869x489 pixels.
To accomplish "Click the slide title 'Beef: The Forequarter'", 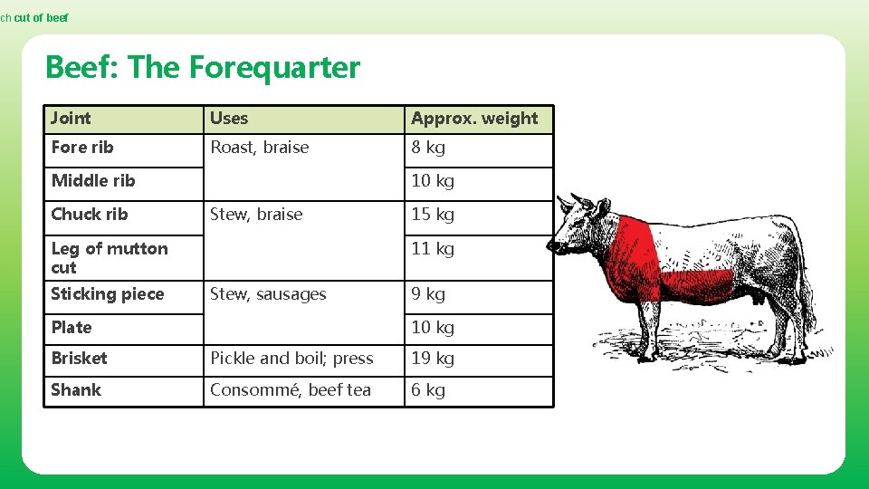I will [x=202, y=67].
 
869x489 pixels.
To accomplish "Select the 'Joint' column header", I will [x=71, y=118].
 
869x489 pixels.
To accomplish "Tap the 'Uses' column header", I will [x=229, y=118].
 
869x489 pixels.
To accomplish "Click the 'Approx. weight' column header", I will [x=474, y=118].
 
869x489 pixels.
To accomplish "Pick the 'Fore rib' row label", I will [x=82, y=147].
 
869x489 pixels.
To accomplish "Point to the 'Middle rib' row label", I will [x=93, y=180].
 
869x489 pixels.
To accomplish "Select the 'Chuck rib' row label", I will [x=90, y=214].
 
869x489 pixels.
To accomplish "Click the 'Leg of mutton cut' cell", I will [x=110, y=257].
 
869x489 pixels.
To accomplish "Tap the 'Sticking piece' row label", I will [x=108, y=293].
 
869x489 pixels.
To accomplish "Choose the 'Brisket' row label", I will [x=79, y=358].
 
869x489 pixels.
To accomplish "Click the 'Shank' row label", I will [x=76, y=389].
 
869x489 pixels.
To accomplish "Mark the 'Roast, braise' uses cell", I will [x=260, y=147].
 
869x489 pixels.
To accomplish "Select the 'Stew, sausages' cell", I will [x=268, y=293].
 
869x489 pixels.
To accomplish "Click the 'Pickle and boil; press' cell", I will [x=291, y=358].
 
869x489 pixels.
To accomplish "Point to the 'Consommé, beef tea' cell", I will [x=291, y=389].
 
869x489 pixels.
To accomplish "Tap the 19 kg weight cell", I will [x=433, y=358].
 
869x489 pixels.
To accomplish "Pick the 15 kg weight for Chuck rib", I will [x=433, y=214].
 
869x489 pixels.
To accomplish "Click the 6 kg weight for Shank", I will [x=428, y=389].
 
